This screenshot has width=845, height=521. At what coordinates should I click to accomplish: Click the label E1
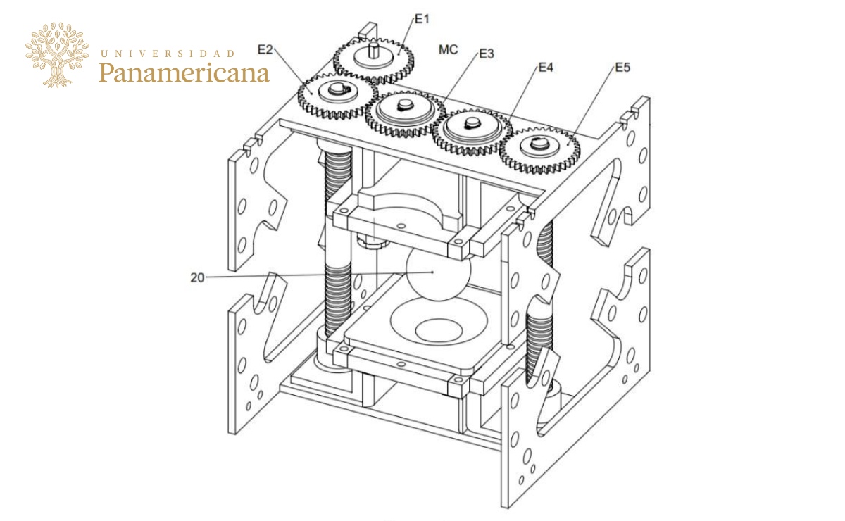point(422,19)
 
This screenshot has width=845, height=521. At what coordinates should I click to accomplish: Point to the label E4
point(546,68)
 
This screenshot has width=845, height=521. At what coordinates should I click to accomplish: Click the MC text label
point(449,50)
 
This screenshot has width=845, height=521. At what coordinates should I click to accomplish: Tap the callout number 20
point(197,277)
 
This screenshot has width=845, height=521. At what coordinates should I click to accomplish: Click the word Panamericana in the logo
point(184,73)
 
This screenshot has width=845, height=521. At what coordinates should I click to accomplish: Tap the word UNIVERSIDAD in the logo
point(168,53)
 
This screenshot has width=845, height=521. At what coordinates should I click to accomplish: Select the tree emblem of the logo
point(58,54)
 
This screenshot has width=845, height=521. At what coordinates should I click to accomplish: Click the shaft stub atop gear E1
point(373,49)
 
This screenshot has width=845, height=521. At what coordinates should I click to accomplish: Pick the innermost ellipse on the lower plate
point(437,328)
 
